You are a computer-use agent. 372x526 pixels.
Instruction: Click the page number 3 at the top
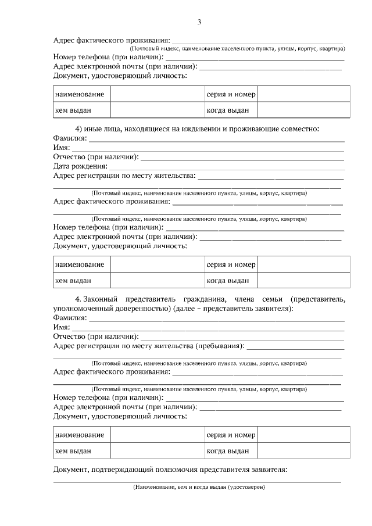[x=199, y=22]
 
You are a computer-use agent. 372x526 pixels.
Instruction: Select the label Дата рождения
[x=77, y=166]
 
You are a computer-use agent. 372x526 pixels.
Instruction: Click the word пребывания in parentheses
[x=219, y=346]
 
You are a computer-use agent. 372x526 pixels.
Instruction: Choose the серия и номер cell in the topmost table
[x=231, y=94]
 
